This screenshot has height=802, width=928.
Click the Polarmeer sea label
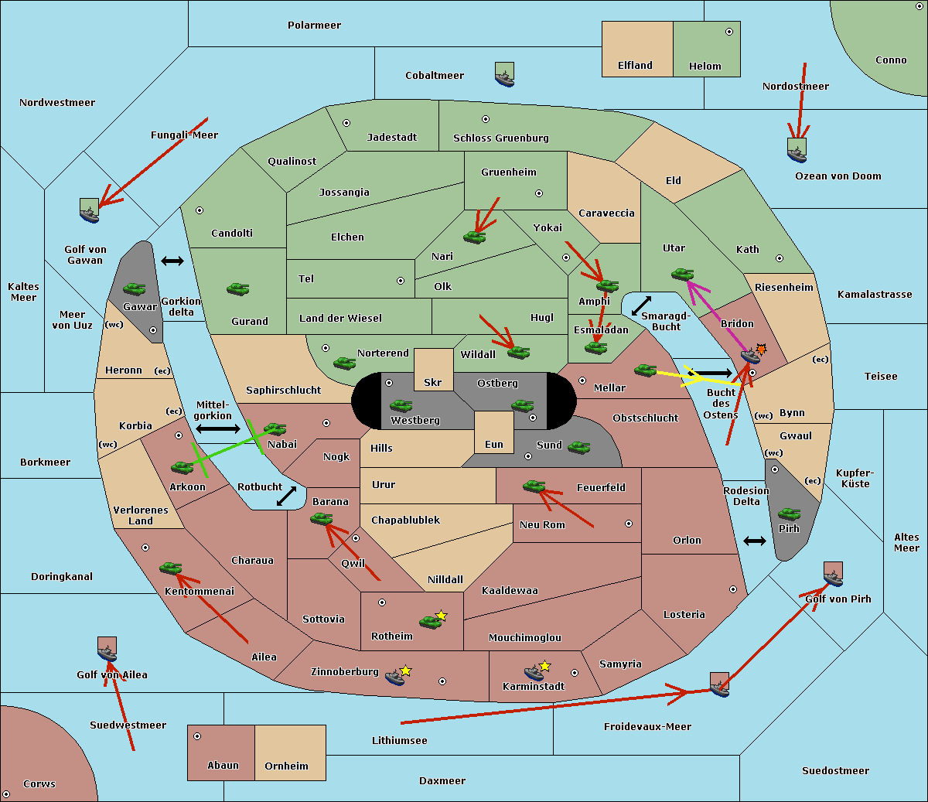click(x=314, y=26)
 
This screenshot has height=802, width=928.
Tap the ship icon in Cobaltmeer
click(x=504, y=75)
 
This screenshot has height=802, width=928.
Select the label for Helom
click(x=705, y=67)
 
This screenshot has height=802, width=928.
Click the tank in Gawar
click(x=135, y=288)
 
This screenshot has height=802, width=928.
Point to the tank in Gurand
click(x=237, y=288)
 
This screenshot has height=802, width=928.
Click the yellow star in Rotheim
click(x=442, y=616)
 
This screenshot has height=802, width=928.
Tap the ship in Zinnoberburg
click(x=395, y=678)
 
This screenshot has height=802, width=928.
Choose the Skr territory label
click(x=433, y=382)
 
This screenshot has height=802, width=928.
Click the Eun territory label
click(x=494, y=445)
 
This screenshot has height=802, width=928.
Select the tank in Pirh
click(x=789, y=514)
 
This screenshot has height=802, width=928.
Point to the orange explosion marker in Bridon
click(x=761, y=350)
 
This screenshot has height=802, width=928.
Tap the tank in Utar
click(x=682, y=274)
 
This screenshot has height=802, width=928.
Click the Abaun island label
click(x=223, y=766)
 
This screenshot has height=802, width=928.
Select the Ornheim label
click(x=286, y=766)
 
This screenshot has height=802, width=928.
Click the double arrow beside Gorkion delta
click(x=172, y=261)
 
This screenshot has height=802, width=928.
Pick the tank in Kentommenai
click(x=171, y=568)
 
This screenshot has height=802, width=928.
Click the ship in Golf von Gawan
click(x=90, y=211)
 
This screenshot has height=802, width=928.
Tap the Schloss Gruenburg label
click(x=500, y=138)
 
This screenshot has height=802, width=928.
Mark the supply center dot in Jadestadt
click(x=346, y=123)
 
